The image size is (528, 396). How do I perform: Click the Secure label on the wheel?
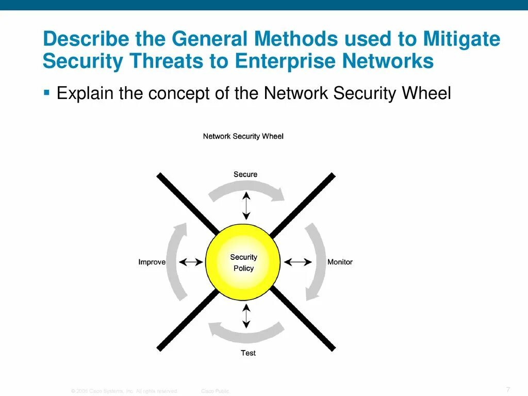tap(245, 174)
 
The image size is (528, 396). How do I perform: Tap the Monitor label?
tap(340, 262)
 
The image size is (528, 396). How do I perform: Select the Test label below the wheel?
tap(248, 353)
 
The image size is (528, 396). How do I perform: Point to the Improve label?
tap(152, 262)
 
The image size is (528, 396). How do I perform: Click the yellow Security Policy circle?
tap(243, 262)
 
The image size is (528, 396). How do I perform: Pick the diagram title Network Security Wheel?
tap(243, 137)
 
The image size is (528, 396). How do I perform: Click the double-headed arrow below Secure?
tap(246, 205)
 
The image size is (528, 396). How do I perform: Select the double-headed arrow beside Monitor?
tap(298, 262)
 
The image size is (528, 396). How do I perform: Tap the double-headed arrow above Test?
tap(246, 316)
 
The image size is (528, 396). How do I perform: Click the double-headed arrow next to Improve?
tap(191, 262)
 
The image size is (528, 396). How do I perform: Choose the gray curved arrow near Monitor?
tap(316, 262)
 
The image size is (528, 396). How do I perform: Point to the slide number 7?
tap(508, 389)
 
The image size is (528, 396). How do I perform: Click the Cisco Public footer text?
tap(215, 391)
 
